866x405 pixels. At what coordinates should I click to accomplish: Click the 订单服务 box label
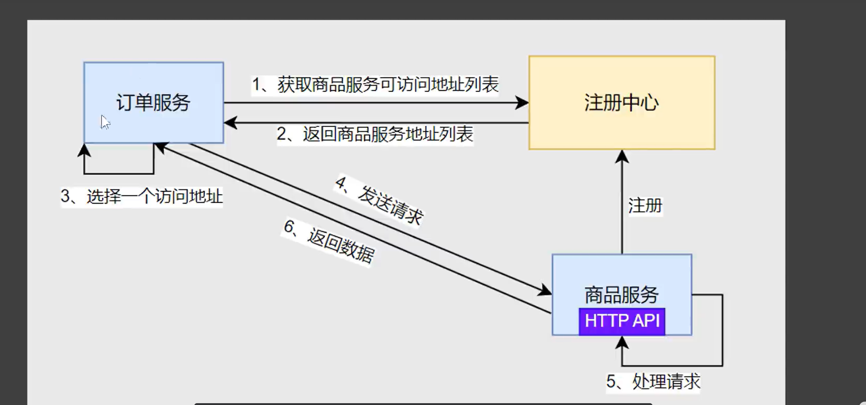(x=153, y=102)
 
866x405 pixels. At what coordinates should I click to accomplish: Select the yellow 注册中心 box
(x=622, y=103)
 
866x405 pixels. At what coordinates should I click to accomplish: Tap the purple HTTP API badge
(x=622, y=321)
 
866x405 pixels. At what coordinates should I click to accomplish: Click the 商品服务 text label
(x=622, y=295)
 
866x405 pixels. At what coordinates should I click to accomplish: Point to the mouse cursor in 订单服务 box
(x=105, y=122)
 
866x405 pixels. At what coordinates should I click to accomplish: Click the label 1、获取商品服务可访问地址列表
(x=375, y=85)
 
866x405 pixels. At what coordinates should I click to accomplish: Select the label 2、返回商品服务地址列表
(x=375, y=134)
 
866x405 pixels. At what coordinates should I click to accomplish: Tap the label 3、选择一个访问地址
(x=142, y=196)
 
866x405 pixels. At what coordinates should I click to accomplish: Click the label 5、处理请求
(x=653, y=381)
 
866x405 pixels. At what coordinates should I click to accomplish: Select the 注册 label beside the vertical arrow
(x=645, y=205)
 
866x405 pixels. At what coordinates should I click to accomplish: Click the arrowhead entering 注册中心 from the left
(x=522, y=103)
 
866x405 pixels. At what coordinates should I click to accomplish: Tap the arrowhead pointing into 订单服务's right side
(x=231, y=122)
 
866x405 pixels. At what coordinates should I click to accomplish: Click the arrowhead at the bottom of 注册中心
(x=622, y=157)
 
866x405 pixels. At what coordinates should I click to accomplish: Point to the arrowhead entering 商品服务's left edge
(x=544, y=290)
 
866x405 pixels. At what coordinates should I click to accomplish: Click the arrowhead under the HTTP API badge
(x=622, y=343)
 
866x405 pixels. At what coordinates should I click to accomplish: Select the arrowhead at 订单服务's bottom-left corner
(x=84, y=151)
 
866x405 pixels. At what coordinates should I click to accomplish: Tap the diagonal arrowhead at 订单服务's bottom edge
(x=161, y=147)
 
